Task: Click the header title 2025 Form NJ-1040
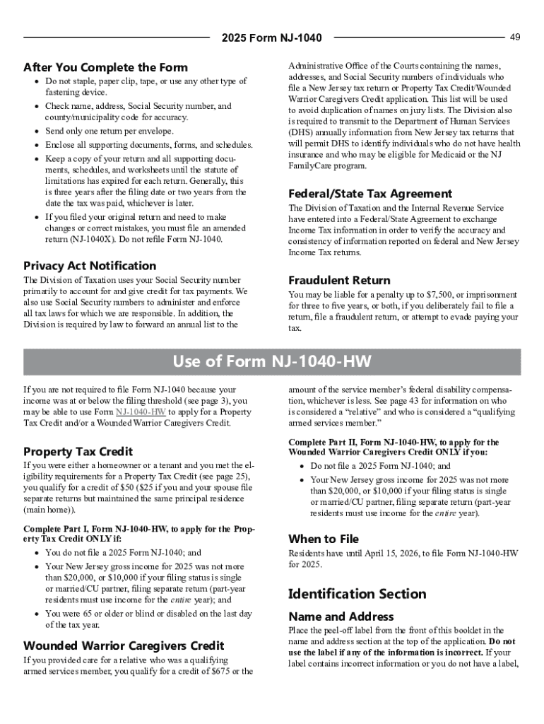point(271,37)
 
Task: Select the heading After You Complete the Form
point(105,68)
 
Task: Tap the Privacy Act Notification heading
point(90,266)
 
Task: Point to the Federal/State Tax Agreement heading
point(370,194)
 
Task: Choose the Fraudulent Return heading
point(339,280)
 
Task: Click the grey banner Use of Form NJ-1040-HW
point(272,362)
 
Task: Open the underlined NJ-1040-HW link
point(141,411)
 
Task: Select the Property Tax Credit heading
point(78,451)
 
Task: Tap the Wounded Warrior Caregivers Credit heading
point(124,646)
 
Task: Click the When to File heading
point(324,539)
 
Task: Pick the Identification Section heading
point(357,594)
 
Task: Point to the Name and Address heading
point(341,617)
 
